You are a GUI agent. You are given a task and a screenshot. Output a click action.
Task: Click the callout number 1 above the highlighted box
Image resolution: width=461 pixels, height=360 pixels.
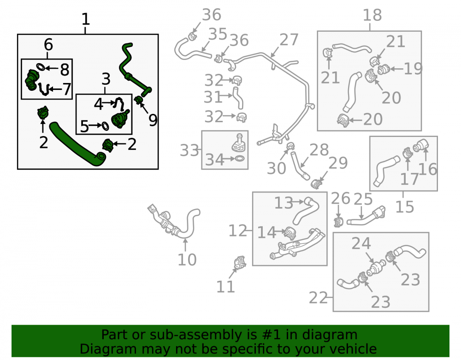pyautogui.click(x=86, y=19)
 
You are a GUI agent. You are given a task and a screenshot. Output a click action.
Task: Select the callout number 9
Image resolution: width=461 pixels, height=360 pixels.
pyautogui.click(x=153, y=120)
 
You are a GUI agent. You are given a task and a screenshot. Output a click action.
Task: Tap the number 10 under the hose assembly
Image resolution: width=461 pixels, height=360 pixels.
pyautogui.click(x=187, y=260)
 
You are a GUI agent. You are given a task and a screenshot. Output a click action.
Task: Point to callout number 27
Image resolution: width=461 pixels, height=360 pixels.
pyautogui.click(x=289, y=40)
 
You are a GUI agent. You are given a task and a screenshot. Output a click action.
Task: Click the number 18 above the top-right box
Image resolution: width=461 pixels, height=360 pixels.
pyautogui.click(x=372, y=15)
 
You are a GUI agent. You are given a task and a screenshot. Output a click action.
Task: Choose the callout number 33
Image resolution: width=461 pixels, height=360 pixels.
pyautogui.click(x=189, y=150)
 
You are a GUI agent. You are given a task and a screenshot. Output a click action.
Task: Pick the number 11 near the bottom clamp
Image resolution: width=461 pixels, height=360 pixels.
pyautogui.click(x=225, y=287)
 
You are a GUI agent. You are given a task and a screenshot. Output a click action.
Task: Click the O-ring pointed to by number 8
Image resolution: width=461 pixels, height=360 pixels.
pyautogui.click(x=41, y=67)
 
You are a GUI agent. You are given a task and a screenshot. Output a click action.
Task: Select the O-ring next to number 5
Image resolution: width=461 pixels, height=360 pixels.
pyautogui.click(x=105, y=126)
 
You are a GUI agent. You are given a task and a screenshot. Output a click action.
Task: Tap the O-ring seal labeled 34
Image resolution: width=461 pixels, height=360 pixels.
pyautogui.click(x=240, y=159)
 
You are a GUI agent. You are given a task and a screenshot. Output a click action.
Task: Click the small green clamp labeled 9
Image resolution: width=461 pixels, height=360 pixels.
pyautogui.click(x=138, y=100)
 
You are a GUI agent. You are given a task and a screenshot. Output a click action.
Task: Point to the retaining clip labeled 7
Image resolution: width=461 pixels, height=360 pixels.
pyautogui.click(x=43, y=89)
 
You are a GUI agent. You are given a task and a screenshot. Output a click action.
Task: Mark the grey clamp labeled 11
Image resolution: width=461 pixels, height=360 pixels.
pyautogui.click(x=240, y=262)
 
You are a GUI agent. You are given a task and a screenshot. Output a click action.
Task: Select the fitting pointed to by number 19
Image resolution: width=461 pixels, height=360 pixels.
pyautogui.click(x=383, y=70)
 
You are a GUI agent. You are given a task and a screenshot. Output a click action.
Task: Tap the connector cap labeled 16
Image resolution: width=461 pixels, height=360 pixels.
pyautogui.click(x=421, y=145)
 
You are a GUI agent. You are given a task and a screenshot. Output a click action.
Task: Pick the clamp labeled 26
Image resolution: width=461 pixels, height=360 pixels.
pyautogui.click(x=339, y=222)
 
